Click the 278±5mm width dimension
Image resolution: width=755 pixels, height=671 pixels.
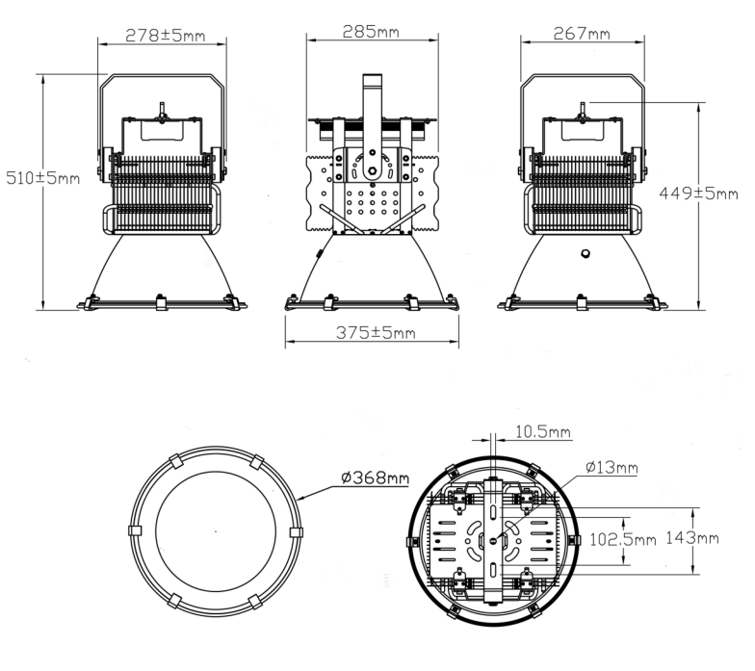pyautogui.click(x=166, y=35)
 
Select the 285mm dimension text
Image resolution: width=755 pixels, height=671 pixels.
pyautogui.click(x=371, y=32)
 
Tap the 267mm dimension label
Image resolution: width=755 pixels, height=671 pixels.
pyautogui.click(x=582, y=33)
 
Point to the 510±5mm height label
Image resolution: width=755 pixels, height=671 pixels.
pyautogui.click(x=42, y=178)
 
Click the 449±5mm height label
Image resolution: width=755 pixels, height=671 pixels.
pyautogui.click(x=699, y=194)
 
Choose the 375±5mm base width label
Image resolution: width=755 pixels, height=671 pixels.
pyautogui.click(x=376, y=333)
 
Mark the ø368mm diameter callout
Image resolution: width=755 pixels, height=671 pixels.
pyautogui.click(x=376, y=477)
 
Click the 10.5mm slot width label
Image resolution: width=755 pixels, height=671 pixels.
pyautogui.click(x=543, y=431)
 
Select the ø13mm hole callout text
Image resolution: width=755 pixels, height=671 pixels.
pyautogui.click(x=612, y=467)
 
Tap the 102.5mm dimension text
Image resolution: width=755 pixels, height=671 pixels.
pyautogui.click(x=622, y=539)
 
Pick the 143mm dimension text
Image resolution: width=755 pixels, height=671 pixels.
pyautogui.click(x=692, y=537)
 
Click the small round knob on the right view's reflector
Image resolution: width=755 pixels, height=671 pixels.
pyautogui.click(x=586, y=254)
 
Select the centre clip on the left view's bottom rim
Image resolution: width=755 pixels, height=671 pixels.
pyautogui.click(x=162, y=303)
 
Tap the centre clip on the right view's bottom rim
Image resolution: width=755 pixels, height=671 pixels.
pyautogui.click(x=582, y=302)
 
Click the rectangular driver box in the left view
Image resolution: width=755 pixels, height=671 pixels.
pyautogui.click(x=163, y=131)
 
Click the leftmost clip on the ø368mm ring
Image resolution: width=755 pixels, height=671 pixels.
pyautogui.click(x=135, y=530)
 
